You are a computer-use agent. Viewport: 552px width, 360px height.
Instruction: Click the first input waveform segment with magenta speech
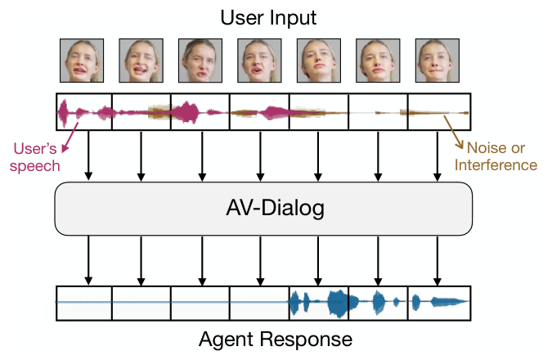tap(84, 112)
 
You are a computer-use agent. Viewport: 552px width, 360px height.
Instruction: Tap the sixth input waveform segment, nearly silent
tap(378, 112)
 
